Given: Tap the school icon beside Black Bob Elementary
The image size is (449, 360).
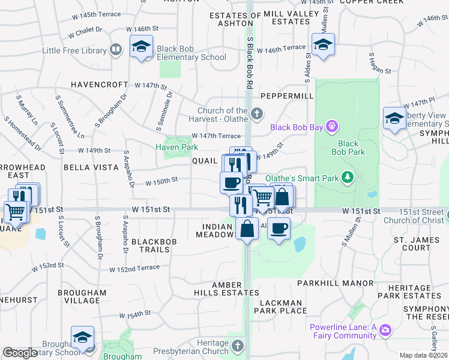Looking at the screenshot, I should point(141,47).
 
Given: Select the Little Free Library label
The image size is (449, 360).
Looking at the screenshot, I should point(74,51).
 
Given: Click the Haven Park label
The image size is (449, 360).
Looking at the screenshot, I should point(176,147).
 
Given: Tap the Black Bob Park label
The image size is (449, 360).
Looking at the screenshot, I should point(348,148).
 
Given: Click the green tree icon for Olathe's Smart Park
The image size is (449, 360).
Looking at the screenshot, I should point(347,177).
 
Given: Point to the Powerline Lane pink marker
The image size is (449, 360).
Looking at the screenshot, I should point(385,330).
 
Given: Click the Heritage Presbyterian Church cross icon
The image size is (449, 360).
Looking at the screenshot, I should point(238,346).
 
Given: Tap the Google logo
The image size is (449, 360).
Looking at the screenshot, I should point(19,353).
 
